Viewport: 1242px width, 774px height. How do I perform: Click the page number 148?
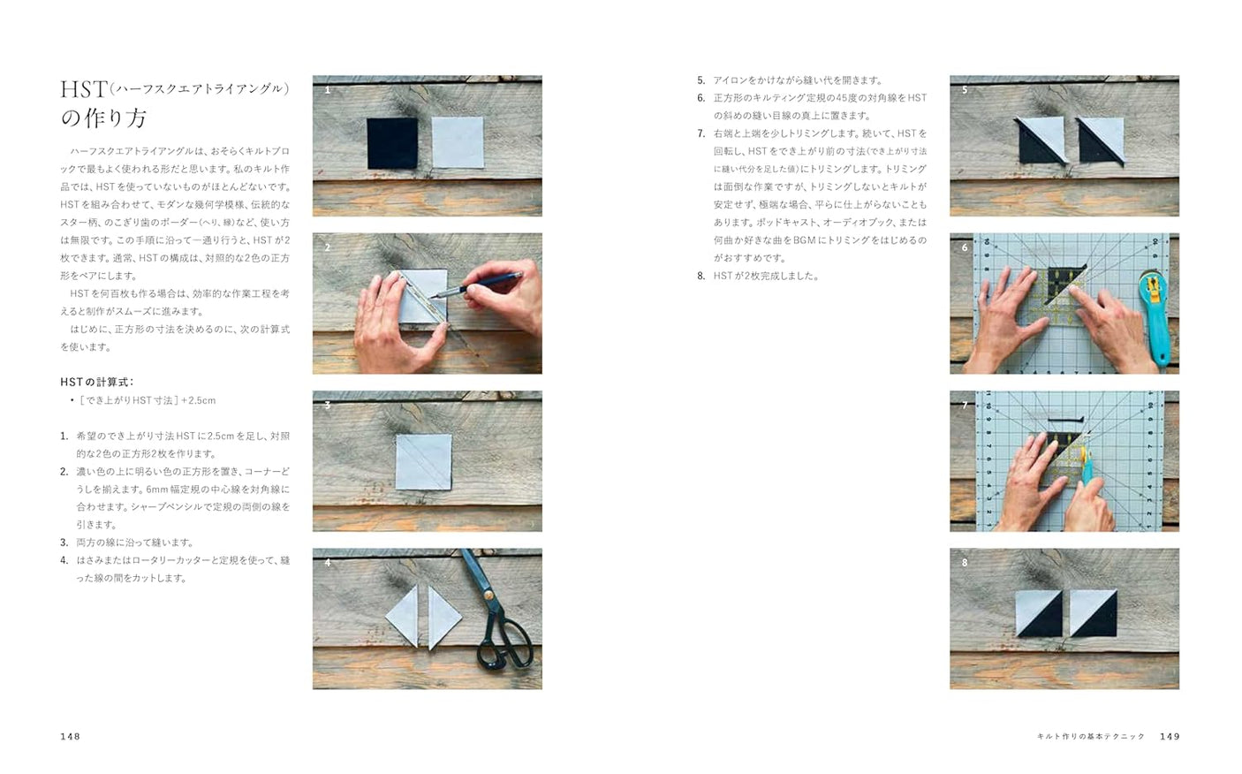pyautogui.click(x=70, y=736)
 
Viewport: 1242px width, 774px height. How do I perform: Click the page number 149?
pyautogui.click(x=1170, y=736)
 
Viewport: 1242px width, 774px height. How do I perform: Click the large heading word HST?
pyautogui.click(x=83, y=89)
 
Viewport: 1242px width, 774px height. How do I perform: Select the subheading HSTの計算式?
pyautogui.click(x=96, y=382)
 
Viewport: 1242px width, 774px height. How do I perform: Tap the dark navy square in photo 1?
pyautogui.click(x=391, y=142)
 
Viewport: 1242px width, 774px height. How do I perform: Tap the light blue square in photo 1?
pyautogui.click(x=458, y=142)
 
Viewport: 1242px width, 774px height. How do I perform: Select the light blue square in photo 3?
pyautogui.click(x=423, y=461)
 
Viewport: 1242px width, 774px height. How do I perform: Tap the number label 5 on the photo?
pyautogui.click(x=965, y=90)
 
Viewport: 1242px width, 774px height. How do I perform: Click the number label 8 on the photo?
pyautogui.click(x=965, y=563)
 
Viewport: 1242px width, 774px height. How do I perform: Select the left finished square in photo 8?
pyautogui.click(x=1039, y=611)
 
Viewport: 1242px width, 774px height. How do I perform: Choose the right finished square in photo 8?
pyautogui.click(x=1093, y=611)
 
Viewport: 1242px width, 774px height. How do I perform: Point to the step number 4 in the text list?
pyautogui.click(x=64, y=560)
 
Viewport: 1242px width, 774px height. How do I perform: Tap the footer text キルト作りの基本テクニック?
pyautogui.click(x=1091, y=736)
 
